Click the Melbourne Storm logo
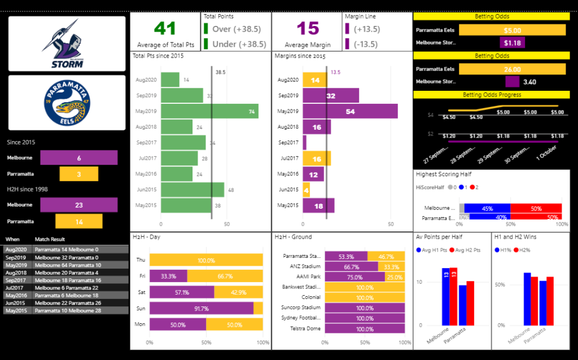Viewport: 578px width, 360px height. click(67, 43)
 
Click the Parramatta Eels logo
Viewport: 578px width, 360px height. click(67, 103)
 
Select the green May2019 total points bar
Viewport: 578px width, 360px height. click(209, 111)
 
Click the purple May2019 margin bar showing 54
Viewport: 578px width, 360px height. click(350, 111)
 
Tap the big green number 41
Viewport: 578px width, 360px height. click(165, 28)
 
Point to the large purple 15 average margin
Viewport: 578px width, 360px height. click(308, 28)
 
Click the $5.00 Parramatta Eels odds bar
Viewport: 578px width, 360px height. click(512, 30)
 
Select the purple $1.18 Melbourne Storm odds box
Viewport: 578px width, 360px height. click(512, 42)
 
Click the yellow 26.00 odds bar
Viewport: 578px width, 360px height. click(512, 69)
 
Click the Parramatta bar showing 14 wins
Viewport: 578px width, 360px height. click(79, 221)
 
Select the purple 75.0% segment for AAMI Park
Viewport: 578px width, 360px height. click(355, 276)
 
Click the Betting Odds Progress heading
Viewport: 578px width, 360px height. click(491, 95)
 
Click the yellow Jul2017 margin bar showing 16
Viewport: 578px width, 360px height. click(317, 158)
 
